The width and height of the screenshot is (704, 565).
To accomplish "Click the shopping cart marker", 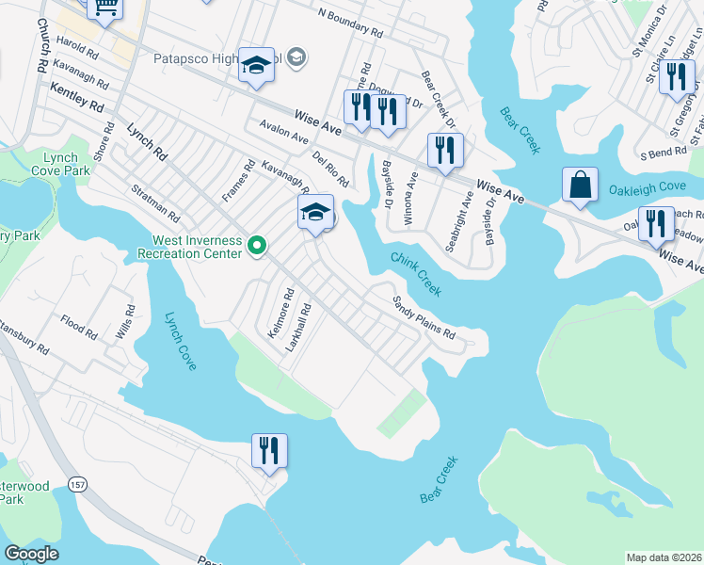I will (105, 8).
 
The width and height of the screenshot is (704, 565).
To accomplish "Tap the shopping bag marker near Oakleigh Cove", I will (580, 186).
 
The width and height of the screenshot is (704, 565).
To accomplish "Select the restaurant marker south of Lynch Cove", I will (269, 450).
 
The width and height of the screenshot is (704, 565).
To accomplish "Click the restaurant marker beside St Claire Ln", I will (676, 77).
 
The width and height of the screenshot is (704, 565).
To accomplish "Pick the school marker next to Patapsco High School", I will (256, 65).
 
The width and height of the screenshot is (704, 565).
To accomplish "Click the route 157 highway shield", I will (77, 484).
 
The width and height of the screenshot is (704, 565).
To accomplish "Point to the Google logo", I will (31, 554).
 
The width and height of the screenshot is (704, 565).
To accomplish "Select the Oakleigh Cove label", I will (648, 186).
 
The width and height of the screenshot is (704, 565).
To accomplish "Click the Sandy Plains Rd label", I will (424, 319).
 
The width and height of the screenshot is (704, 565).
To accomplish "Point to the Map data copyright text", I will (663, 557).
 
